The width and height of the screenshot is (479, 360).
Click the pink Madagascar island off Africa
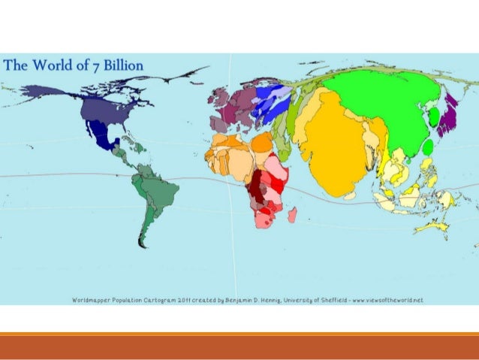point(292,216)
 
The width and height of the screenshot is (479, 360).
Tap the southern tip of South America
point(140,243)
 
